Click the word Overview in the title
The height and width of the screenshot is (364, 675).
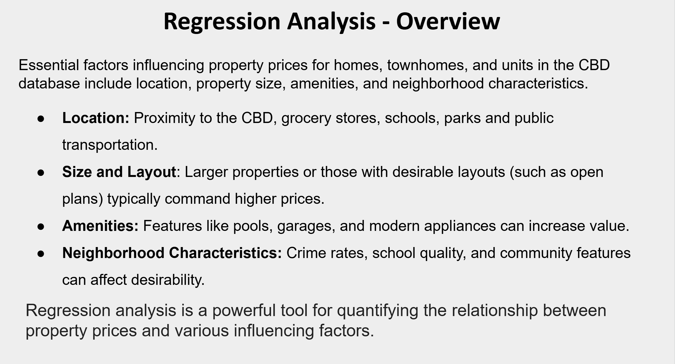coord(448,21)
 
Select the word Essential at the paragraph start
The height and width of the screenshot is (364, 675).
coord(49,65)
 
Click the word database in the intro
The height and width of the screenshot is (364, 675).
coord(49,83)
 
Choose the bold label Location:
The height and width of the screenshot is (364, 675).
coord(96,118)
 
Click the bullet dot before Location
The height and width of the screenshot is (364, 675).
coord(41,119)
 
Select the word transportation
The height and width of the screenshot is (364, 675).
coord(110,145)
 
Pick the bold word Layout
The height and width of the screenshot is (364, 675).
coord(152,172)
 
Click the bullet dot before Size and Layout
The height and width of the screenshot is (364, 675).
coord(41,173)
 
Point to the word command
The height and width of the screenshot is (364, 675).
coord(197,199)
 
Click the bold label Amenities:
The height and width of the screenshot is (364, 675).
coord(100,226)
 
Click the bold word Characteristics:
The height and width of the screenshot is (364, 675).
coord(225,253)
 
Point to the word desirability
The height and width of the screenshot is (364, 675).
coord(168,280)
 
